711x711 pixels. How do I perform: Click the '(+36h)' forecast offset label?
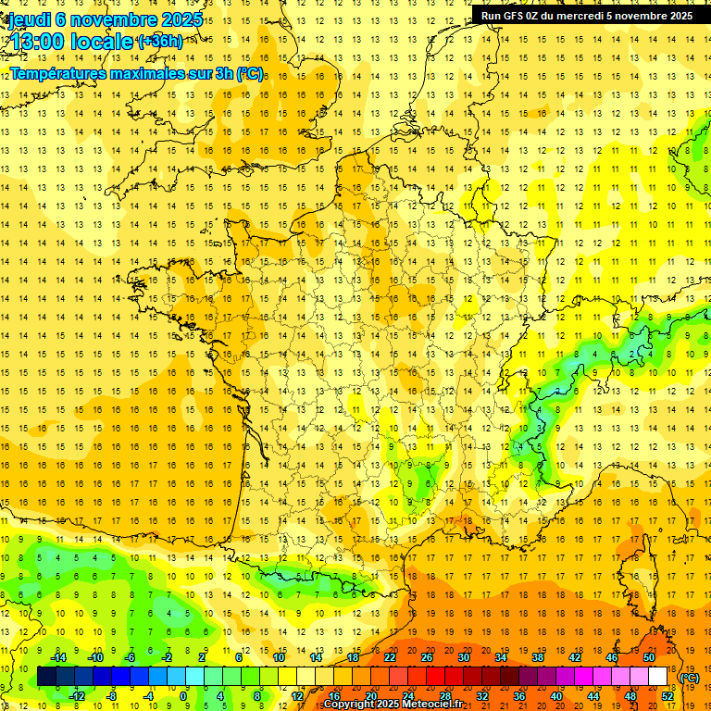click(x=159, y=41)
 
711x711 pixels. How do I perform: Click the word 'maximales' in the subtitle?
click(x=148, y=73)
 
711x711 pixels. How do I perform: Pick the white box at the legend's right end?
click(x=657, y=677)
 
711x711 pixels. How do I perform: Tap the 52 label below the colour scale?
click(x=667, y=695)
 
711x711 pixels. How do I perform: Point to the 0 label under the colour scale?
click(x=184, y=695)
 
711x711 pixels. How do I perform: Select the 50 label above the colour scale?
click(x=649, y=657)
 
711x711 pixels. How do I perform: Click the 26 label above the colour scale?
click(x=427, y=657)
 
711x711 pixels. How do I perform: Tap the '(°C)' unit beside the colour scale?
click(x=690, y=677)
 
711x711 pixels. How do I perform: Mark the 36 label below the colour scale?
click(x=519, y=695)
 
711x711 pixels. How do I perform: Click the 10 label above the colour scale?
click(x=278, y=657)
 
